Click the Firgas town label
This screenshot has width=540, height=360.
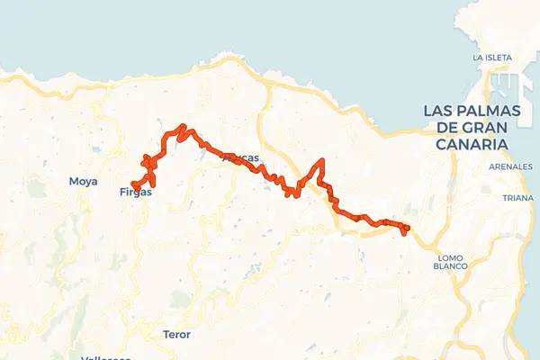(136, 192)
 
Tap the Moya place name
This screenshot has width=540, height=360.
(83, 181)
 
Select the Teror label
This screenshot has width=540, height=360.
(176, 334)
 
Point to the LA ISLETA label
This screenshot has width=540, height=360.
(492, 58)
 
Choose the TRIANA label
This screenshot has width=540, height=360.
(518, 197)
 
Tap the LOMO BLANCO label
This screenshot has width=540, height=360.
(450, 261)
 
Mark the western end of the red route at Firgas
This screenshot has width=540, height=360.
(135, 186)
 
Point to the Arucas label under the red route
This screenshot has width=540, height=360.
(240, 158)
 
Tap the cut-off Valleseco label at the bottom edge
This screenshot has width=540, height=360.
(105, 357)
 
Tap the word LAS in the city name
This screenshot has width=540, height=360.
(439, 111)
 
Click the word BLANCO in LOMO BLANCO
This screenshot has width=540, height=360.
(450, 266)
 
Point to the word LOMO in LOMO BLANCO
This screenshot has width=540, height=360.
(450, 256)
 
